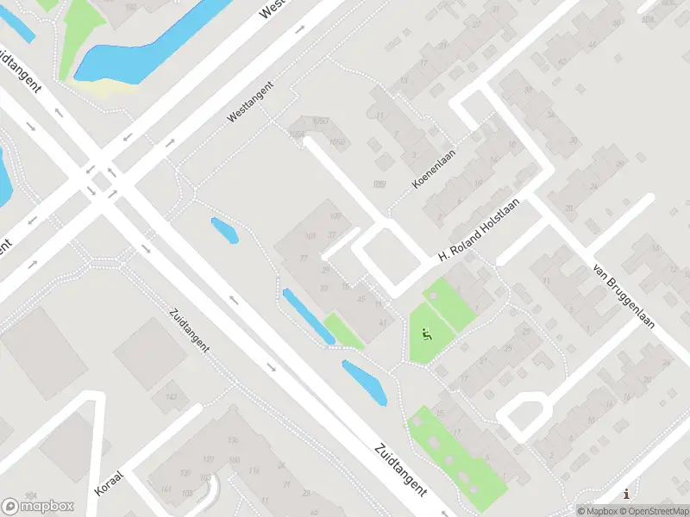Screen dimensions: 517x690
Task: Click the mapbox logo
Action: (x=38, y=506)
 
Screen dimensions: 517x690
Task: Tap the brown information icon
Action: (x=625, y=494)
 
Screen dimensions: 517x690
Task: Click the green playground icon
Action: (x=425, y=333)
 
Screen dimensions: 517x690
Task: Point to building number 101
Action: (x=310, y=236)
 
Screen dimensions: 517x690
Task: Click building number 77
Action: (x=304, y=258)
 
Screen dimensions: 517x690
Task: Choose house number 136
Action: (x=231, y=440)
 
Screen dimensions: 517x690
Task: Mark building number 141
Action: (x=166, y=489)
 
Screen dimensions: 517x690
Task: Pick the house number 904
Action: (x=31, y=495)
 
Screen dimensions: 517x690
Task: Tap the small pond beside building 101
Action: (x=224, y=230)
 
